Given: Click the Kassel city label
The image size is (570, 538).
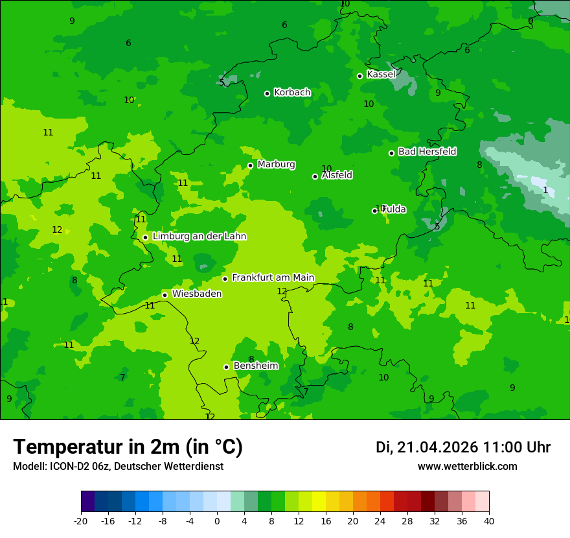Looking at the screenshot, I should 381,75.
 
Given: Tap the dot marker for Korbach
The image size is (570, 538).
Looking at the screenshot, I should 267,93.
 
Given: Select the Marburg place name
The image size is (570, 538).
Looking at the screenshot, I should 276,165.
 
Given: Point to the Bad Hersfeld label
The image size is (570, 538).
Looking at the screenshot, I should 427,152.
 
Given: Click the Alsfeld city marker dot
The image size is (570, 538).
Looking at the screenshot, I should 315,176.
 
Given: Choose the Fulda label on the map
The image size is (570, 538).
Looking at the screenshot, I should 394,209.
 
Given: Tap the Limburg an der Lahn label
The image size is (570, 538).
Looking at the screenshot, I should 199,237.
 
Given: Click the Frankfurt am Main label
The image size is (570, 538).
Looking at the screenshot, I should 273,278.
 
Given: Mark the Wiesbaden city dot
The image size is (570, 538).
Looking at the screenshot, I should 165,295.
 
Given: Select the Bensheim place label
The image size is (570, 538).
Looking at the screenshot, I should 255,366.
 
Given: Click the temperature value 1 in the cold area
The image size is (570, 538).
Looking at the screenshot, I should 545,190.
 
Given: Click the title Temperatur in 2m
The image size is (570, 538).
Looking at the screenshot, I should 128,447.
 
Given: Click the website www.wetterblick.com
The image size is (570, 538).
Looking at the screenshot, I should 467,467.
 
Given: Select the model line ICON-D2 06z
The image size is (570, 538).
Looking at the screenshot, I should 118,467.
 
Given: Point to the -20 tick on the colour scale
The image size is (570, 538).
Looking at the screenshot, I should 81,521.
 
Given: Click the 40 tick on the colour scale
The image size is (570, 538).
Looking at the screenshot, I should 489,521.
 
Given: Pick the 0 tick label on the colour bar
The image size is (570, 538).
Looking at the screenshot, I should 217,521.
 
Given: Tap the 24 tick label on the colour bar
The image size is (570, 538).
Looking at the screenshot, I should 380,521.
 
